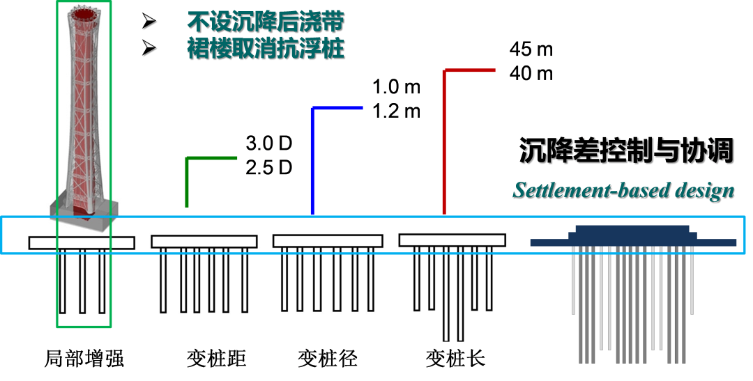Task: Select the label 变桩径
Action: tap(328, 359)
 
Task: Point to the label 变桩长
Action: tap(455, 359)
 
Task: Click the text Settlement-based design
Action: tap(623, 190)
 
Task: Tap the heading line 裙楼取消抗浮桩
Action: tap(266, 49)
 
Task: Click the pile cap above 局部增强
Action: tap(82, 242)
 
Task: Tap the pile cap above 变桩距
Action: tap(204, 242)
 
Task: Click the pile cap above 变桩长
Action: tap(452, 240)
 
